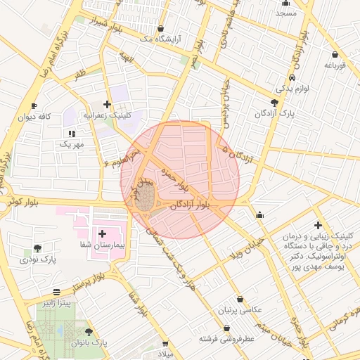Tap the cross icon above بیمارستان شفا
click(103, 233)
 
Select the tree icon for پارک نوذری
click(37, 248)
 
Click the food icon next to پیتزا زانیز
click(56, 292)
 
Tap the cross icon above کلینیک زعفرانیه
click(107, 103)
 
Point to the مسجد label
click(286, 13)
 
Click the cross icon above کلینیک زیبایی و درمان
click(318, 225)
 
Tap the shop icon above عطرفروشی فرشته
click(226, 328)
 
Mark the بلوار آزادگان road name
click(192, 205)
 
